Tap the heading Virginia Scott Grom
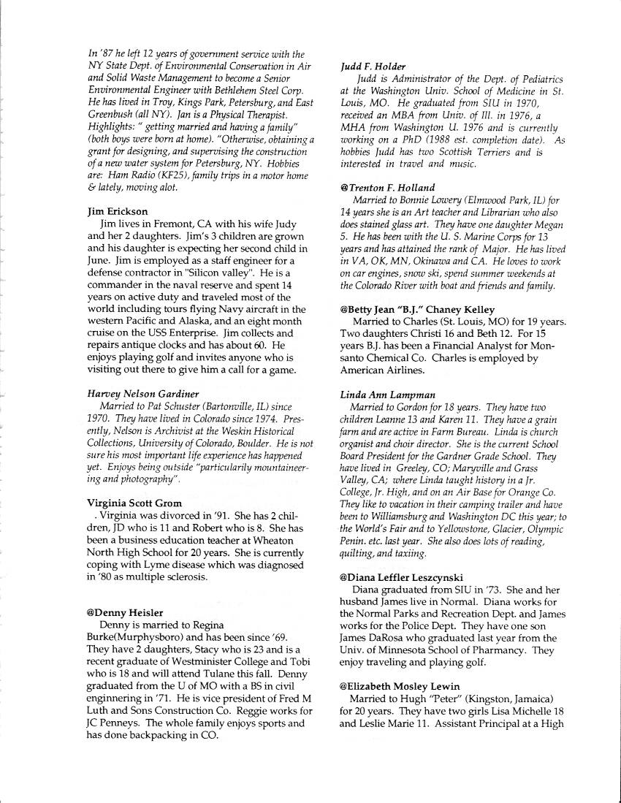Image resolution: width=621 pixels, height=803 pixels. tap(135, 503)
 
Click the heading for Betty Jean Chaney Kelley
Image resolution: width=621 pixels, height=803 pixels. tap(417, 309)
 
